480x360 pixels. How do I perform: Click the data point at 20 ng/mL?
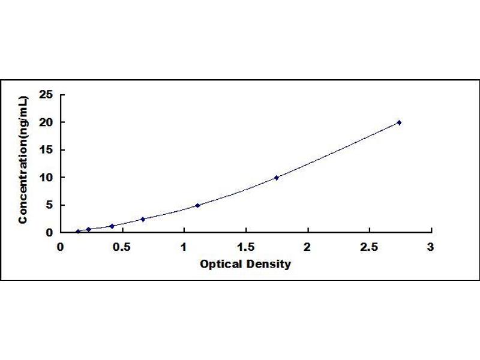pyautogui.click(x=399, y=122)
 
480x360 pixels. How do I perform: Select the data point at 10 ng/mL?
pyautogui.click(x=277, y=178)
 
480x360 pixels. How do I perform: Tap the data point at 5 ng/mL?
pyautogui.click(x=198, y=205)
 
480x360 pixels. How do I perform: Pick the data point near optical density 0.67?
pyautogui.click(x=143, y=219)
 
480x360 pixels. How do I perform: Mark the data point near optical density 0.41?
pyautogui.click(x=112, y=226)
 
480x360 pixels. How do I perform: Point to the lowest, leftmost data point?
pyautogui.click(x=78, y=232)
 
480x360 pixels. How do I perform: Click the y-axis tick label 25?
pyautogui.click(x=46, y=95)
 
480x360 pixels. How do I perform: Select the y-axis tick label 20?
pyautogui.click(x=46, y=122)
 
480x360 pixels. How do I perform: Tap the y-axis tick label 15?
pyautogui.click(x=46, y=149)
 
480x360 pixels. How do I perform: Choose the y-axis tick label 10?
pyautogui.click(x=46, y=177)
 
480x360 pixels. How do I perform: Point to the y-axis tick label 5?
pyautogui.click(x=50, y=205)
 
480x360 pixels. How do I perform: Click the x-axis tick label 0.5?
pyautogui.click(x=122, y=247)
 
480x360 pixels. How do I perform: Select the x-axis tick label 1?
pyautogui.click(x=184, y=247)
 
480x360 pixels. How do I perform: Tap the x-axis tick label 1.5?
pyautogui.click(x=246, y=247)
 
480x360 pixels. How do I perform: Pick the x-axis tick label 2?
pyautogui.click(x=307, y=247)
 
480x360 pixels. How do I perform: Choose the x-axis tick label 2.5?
pyautogui.click(x=369, y=247)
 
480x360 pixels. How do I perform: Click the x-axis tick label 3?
pyautogui.click(x=431, y=247)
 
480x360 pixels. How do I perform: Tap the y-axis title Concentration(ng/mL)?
pyautogui.click(x=23, y=160)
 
